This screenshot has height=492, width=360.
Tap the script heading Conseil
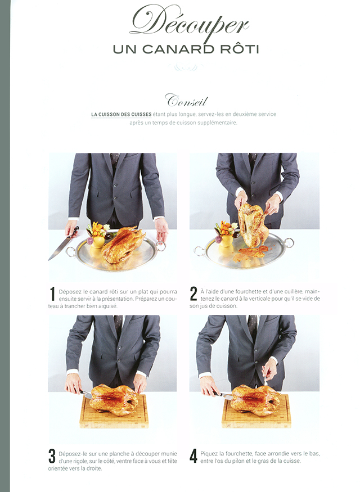pos(186,101)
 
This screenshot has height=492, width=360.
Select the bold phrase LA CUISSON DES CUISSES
pos(121,115)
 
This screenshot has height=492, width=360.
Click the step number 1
pos(53,294)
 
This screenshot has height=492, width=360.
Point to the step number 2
pos(193,294)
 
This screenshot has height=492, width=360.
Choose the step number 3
pos(52,457)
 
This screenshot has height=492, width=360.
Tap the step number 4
pos(193,456)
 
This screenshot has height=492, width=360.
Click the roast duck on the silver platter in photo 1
pos(123,245)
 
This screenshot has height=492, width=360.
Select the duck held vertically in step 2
pos(253,225)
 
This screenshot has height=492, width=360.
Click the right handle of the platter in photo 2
pos(288,242)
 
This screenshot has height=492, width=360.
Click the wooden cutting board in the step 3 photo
pos(114,412)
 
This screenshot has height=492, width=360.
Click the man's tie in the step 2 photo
pos(253,161)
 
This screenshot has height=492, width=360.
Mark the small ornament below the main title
pos(186,67)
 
